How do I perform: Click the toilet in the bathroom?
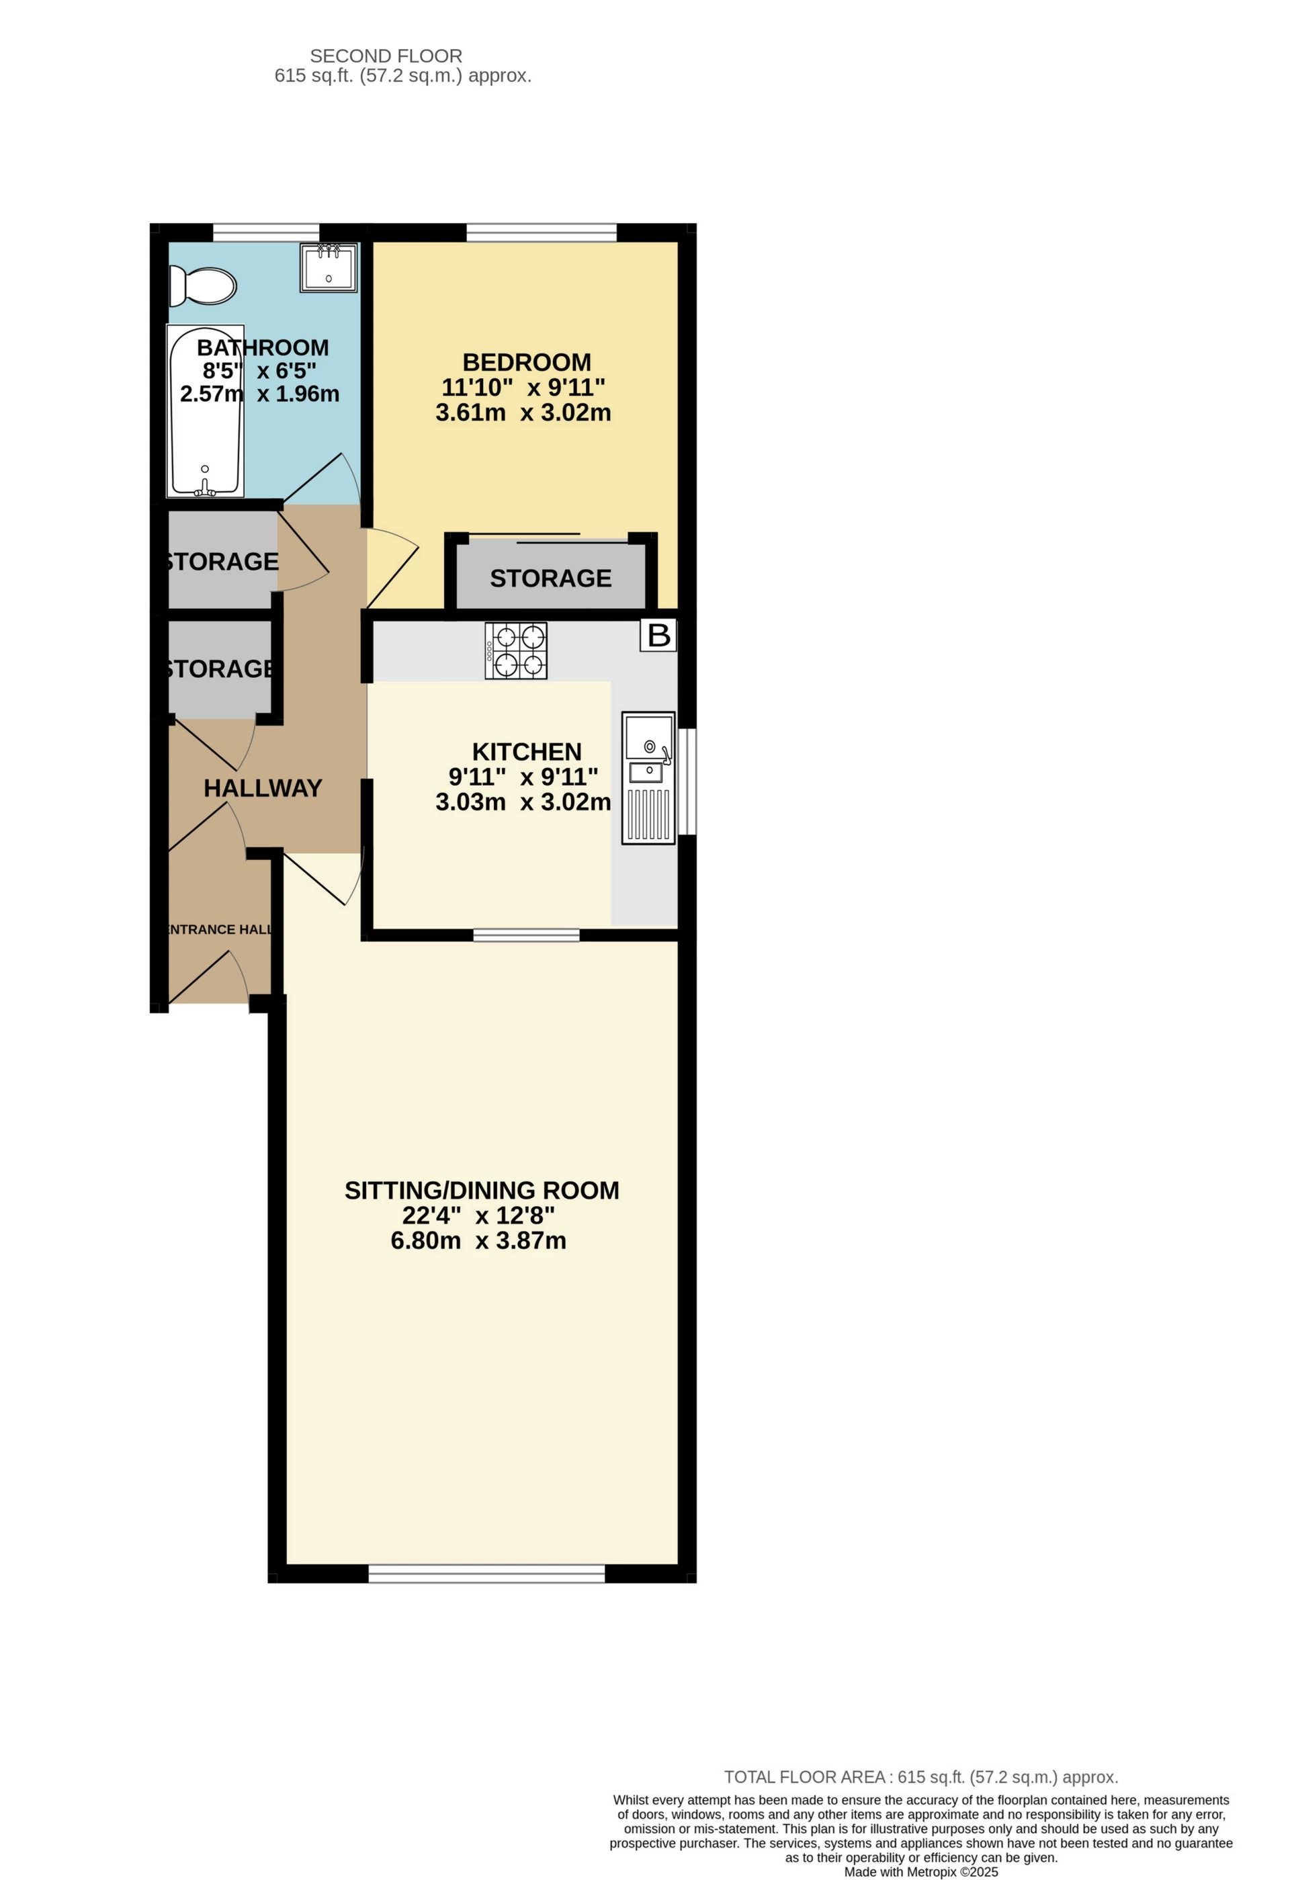(202, 286)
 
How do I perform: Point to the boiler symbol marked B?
(658, 635)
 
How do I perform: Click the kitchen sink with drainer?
(648, 777)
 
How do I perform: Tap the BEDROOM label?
(527, 361)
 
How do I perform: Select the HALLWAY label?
(263, 788)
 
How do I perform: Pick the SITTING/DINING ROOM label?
(482, 1190)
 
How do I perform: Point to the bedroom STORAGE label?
(551, 579)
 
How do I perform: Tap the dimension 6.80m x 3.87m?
(479, 1240)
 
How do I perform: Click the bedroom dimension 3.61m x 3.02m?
(523, 413)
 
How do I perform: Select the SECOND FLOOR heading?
(386, 56)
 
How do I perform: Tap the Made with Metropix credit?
(920, 1872)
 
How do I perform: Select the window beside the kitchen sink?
(687, 781)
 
